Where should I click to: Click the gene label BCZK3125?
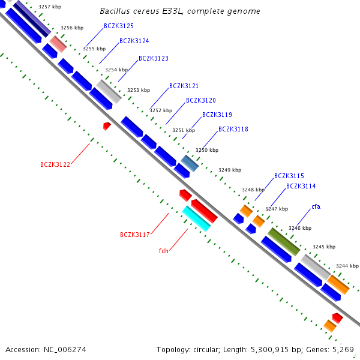click(x=119, y=26)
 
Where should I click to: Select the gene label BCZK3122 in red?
click(x=55, y=164)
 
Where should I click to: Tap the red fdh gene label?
click(x=163, y=251)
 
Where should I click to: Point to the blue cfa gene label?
click(x=316, y=206)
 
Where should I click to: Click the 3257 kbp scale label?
click(x=50, y=7)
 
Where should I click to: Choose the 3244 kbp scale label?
click(x=347, y=266)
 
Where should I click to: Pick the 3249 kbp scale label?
click(x=230, y=170)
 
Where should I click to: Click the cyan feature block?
click(x=196, y=218)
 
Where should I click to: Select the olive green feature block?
click(x=284, y=242)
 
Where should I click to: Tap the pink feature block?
click(x=58, y=44)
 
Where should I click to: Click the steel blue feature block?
click(x=190, y=163)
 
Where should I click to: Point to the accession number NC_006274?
click(x=65, y=350)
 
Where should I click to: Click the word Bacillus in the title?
click(x=115, y=11)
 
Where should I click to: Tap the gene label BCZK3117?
click(x=135, y=235)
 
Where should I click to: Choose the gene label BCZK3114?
click(x=301, y=186)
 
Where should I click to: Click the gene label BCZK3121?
click(x=184, y=86)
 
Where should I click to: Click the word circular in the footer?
click(x=205, y=350)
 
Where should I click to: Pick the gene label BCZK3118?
click(x=233, y=129)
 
